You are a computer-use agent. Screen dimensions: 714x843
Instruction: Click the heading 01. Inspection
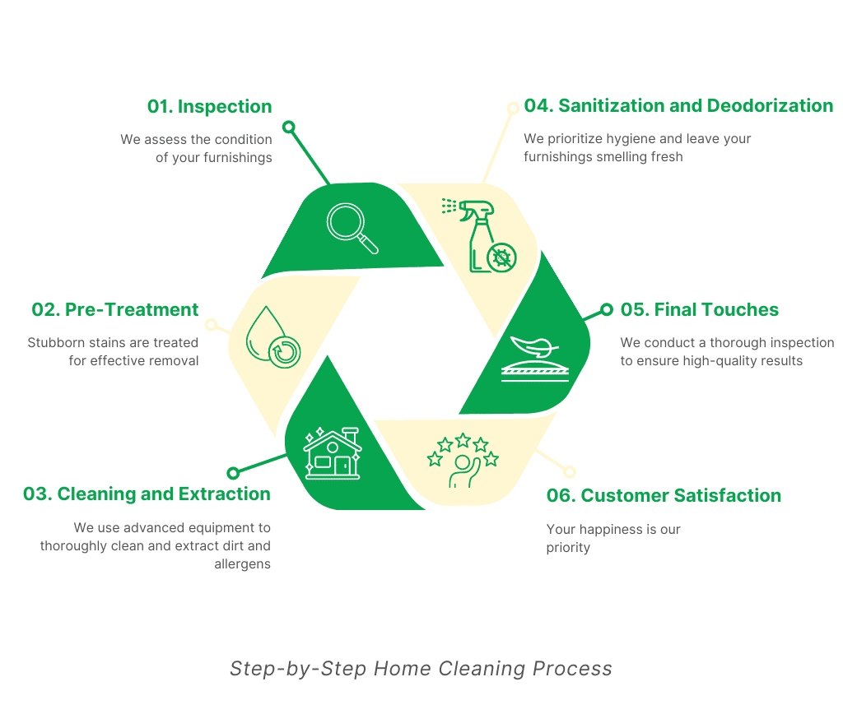(x=209, y=107)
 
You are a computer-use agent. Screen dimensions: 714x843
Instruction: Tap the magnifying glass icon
(x=352, y=228)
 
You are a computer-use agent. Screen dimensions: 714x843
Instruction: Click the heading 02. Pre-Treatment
(x=115, y=310)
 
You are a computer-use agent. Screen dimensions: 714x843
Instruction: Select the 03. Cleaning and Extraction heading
(x=147, y=494)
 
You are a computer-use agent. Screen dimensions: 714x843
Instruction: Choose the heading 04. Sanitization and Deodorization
(x=678, y=106)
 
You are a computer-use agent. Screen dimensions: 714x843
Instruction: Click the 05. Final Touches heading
(x=699, y=310)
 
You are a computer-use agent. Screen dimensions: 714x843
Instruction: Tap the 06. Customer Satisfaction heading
(x=664, y=496)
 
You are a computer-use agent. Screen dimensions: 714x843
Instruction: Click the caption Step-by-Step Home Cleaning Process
(x=421, y=669)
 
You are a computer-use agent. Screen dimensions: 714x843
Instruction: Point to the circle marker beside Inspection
(x=288, y=127)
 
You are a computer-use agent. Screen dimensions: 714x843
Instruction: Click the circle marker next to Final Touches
(x=607, y=309)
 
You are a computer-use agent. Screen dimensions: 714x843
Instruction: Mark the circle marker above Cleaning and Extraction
(x=233, y=473)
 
